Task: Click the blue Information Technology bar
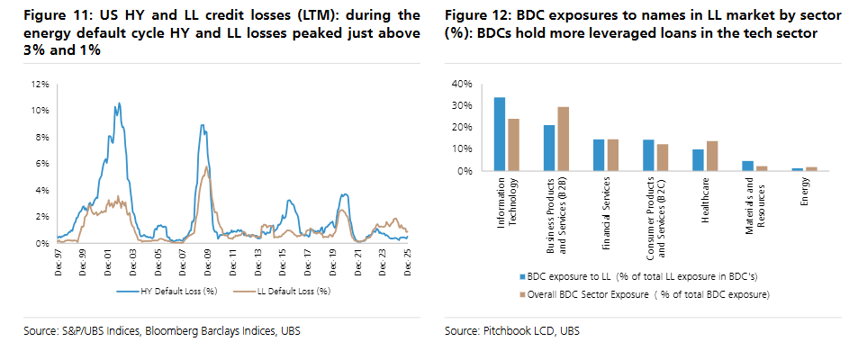pyautogui.click(x=500, y=134)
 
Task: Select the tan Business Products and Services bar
pyautogui.click(x=563, y=139)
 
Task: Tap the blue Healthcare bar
pyautogui.click(x=698, y=159)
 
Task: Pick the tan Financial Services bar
pyautogui.click(x=612, y=155)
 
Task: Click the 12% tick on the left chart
pyautogui.click(x=40, y=84)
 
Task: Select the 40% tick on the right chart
pyautogui.click(x=461, y=84)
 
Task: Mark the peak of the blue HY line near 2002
pyautogui.click(x=117, y=104)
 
